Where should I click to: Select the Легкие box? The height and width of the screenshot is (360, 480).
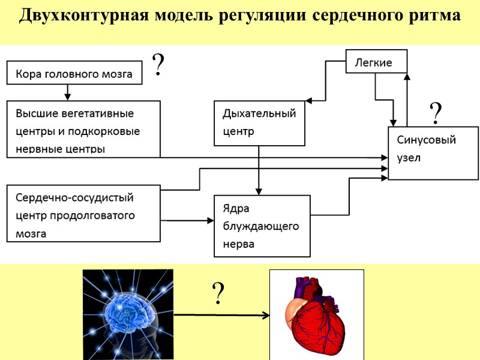tap(376, 62)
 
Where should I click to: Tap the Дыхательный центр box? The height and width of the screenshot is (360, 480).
tap(259, 123)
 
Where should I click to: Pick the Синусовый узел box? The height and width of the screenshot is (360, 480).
tap(433, 152)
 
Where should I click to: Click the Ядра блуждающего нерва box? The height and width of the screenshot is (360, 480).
tap(262, 226)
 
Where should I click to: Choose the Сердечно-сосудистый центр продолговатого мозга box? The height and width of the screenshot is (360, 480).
tap(83, 214)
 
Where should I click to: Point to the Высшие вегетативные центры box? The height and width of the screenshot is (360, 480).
tap(83, 130)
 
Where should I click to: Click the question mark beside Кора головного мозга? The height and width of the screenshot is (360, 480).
tap(158, 65)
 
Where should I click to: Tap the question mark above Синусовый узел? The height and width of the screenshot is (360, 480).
tap(436, 113)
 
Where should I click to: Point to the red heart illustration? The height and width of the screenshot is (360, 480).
tap(316, 314)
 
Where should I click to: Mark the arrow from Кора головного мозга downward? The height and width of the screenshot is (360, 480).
tap(67, 92)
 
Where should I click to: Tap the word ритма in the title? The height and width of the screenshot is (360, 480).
tap(435, 16)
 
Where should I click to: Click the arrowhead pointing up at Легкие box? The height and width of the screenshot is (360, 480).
tap(407, 76)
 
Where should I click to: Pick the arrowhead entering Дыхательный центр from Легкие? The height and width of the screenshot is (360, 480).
tap(307, 100)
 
